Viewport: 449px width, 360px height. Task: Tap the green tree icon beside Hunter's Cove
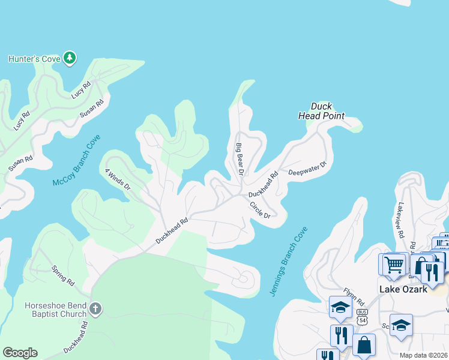[70, 58]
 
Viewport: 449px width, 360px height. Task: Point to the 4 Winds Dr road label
[118, 179]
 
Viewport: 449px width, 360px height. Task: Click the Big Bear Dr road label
[239, 158]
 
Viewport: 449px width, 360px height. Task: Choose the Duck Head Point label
[321, 111]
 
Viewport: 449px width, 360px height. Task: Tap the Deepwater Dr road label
[307, 169]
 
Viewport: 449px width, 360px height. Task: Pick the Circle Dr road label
[261, 209]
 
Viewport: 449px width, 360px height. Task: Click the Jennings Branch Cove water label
[293, 258]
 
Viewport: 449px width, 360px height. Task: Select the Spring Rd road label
[62, 274]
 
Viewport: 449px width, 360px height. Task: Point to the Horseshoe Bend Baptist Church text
[53, 309]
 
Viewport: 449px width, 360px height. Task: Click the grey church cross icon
[95, 310]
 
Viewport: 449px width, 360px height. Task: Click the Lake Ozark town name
[403, 289]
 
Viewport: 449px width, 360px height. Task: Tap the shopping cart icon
[393, 263]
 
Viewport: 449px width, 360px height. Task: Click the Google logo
[20, 352]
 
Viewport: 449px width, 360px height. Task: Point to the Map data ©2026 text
[423, 355]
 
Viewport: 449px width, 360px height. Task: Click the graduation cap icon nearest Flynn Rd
[340, 308]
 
